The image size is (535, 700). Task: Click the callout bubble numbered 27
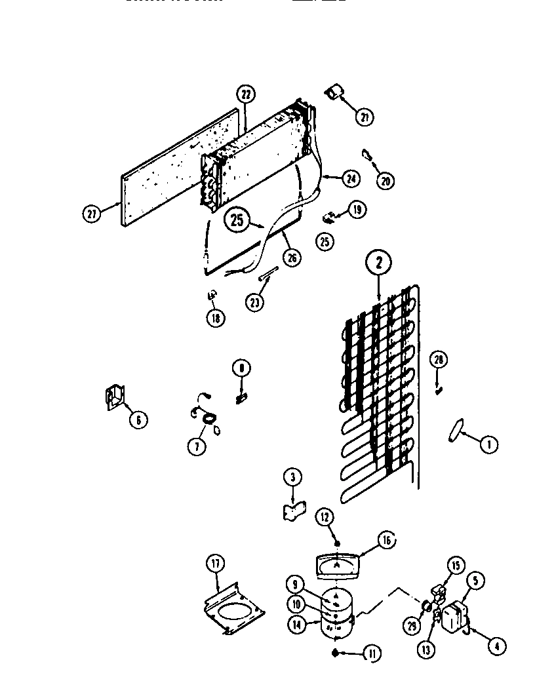point(92,214)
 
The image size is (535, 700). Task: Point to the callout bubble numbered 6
point(138,419)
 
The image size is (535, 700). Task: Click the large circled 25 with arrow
point(238,220)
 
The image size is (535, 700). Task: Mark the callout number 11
point(372,653)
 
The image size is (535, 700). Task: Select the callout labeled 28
point(439,360)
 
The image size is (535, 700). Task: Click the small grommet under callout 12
point(336,542)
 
